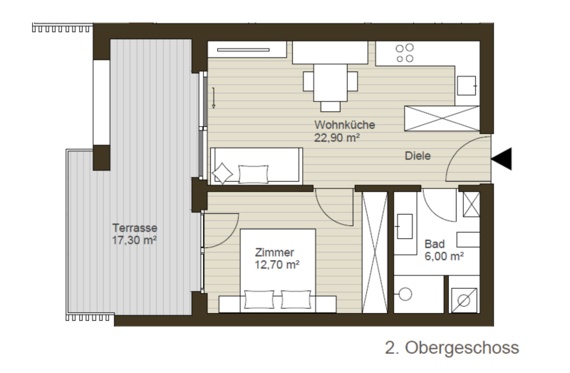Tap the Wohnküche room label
[x=345, y=125]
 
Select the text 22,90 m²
[x=337, y=138]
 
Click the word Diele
[x=418, y=155]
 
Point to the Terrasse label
[x=135, y=228]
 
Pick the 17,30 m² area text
[x=134, y=240]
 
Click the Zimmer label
[x=274, y=252]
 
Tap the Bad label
[x=435, y=244]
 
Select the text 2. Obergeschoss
[x=452, y=347]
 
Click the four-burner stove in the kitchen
[x=405, y=53]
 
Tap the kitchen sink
[x=467, y=86]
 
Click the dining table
[x=331, y=83]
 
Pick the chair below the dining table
[x=331, y=107]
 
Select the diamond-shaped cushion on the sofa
[x=222, y=173]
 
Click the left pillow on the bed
[x=259, y=299]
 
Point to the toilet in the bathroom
[x=404, y=294]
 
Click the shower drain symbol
[x=464, y=300]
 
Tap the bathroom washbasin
[x=405, y=226]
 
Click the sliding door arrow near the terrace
[x=213, y=98]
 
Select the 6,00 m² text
[x=444, y=256]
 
